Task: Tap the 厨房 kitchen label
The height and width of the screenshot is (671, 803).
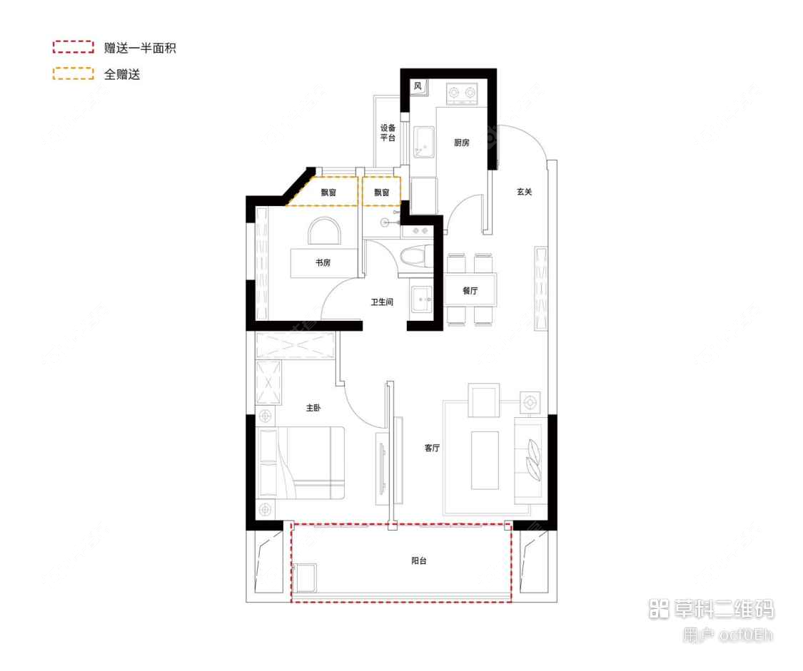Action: [462, 143]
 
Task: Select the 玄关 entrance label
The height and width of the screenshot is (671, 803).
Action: [525, 191]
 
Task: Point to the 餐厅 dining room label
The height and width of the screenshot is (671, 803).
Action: [470, 290]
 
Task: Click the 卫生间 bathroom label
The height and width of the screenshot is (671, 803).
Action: [382, 302]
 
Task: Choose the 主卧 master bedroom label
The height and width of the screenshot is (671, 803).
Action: [313, 408]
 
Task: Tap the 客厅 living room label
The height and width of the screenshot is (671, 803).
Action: [432, 449]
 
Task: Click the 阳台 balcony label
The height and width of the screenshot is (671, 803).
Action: [419, 561]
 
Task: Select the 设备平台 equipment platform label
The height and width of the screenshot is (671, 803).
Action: [388, 133]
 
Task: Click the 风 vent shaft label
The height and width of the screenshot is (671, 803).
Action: [418, 87]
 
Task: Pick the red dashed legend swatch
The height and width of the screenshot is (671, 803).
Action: [74, 48]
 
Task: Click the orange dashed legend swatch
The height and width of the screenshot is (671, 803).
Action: [74, 73]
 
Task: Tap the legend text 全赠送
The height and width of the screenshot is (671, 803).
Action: [122, 74]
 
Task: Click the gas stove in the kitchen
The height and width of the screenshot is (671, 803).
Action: [462, 93]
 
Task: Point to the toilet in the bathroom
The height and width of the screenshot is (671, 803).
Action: [415, 256]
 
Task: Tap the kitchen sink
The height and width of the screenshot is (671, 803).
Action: [424, 142]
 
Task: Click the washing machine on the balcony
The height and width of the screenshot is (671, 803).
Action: [305, 577]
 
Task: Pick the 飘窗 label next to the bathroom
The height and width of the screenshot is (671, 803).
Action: [381, 193]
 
